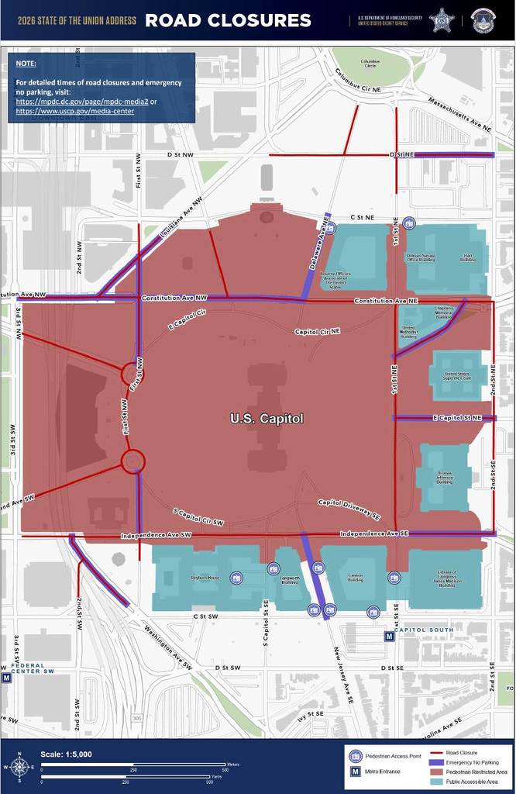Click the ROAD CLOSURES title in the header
(228, 20)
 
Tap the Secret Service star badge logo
(442, 19)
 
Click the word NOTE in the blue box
(26, 63)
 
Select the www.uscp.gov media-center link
(74, 111)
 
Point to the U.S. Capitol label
(267, 419)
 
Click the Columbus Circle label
(370, 64)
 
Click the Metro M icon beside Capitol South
(388, 637)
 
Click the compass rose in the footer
(21, 767)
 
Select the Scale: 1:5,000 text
(66, 754)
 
